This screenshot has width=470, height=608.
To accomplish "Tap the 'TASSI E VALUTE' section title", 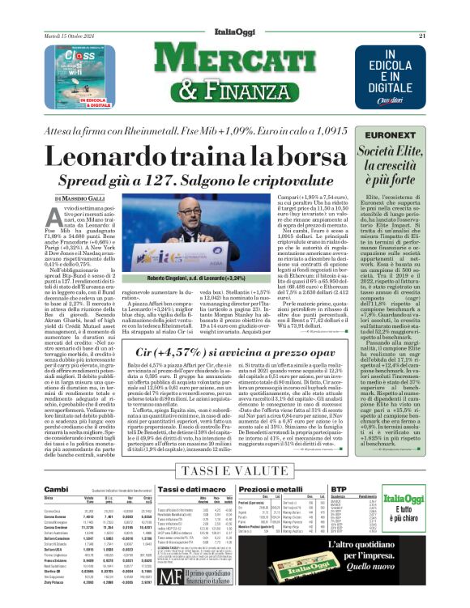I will point(235,470).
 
